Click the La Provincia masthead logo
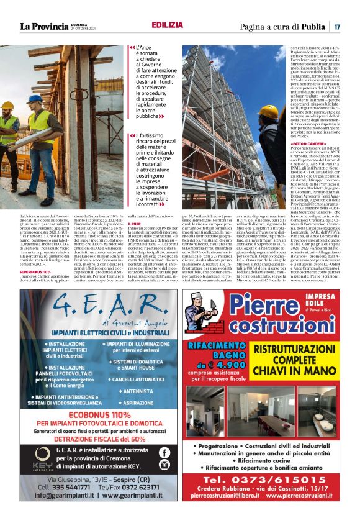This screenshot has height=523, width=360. pos(44,26)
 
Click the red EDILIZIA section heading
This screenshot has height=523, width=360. pos(167,25)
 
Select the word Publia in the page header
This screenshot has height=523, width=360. pos(313,27)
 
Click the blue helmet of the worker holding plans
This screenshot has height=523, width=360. pos(36,98)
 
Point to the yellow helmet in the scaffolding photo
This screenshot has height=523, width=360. pos(269,111)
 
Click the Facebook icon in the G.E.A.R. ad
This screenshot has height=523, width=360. pos(164,453)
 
